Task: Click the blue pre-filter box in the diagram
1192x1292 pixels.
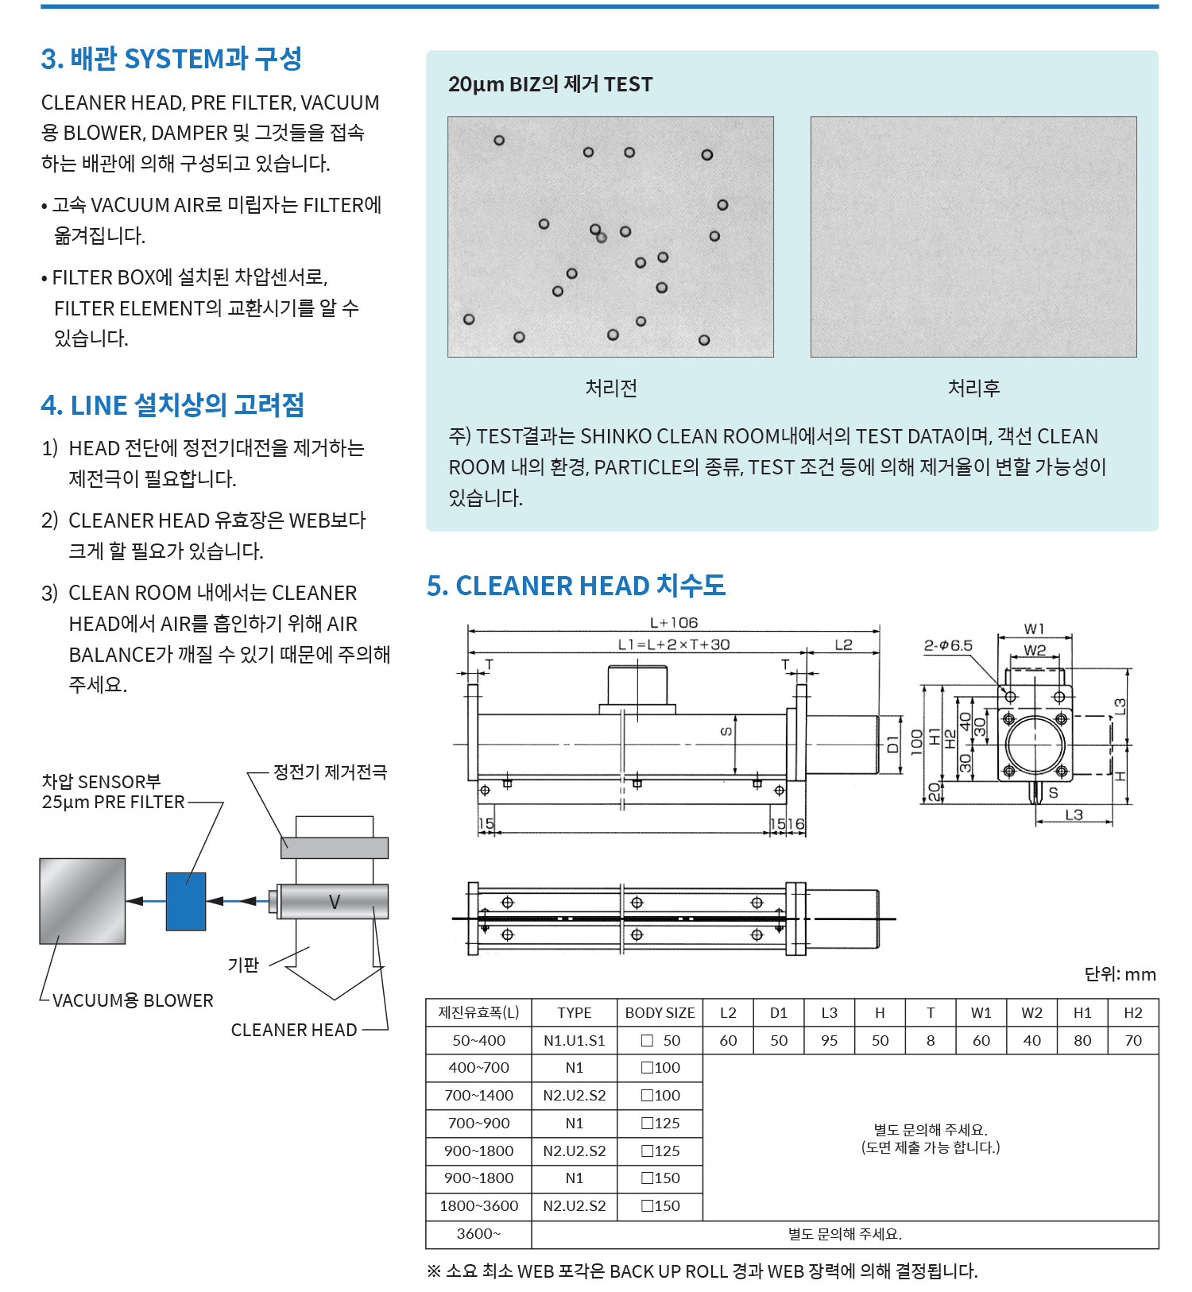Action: [x=186, y=901]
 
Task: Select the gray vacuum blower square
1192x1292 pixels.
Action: [x=83, y=900]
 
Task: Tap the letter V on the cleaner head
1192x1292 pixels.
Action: [x=335, y=902]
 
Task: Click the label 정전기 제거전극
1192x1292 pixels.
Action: [x=330, y=772]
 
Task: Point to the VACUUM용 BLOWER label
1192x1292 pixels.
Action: [x=133, y=1000]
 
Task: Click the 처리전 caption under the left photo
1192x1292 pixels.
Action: [x=611, y=388]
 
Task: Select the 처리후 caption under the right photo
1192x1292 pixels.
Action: [x=973, y=388]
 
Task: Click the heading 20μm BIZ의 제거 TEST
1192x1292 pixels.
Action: [x=550, y=84]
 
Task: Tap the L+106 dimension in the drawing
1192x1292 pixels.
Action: [x=674, y=623]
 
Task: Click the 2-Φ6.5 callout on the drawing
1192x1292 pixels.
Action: [x=948, y=645]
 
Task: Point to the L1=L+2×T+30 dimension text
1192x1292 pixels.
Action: [x=674, y=644]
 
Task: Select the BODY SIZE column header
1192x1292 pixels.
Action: [x=660, y=1012]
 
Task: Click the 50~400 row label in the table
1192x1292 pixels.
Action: [x=478, y=1040]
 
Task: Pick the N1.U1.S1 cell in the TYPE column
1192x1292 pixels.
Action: [x=574, y=1040]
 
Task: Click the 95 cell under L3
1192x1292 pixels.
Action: [x=829, y=1040]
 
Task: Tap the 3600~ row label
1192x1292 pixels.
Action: [x=478, y=1233]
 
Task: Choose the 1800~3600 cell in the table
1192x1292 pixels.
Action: [x=478, y=1205]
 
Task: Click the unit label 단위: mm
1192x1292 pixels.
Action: [x=1120, y=974]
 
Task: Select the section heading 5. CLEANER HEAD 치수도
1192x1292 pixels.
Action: [x=576, y=586]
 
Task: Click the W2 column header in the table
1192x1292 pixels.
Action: [x=1031, y=1012]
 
